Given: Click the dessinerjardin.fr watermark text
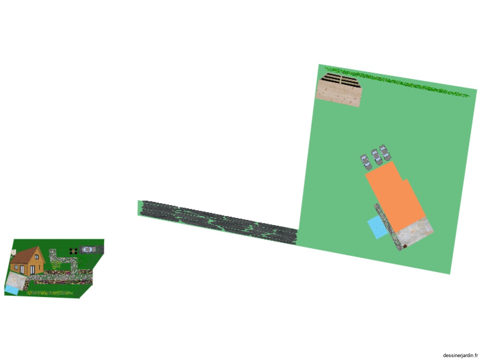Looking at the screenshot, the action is coord(460,356).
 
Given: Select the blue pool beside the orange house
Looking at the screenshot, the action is coord(377,227).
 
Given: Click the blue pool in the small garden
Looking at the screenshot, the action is coord(11,290).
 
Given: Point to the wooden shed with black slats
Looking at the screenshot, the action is coord(339,90).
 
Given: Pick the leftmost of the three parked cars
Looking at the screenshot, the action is coord(366,162).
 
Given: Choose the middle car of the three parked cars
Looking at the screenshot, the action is coord(377,157).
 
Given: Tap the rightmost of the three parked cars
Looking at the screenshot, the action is coord(385,153).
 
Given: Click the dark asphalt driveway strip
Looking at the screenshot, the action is coord(218,222).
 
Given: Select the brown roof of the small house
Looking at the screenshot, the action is coord(27,255).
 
